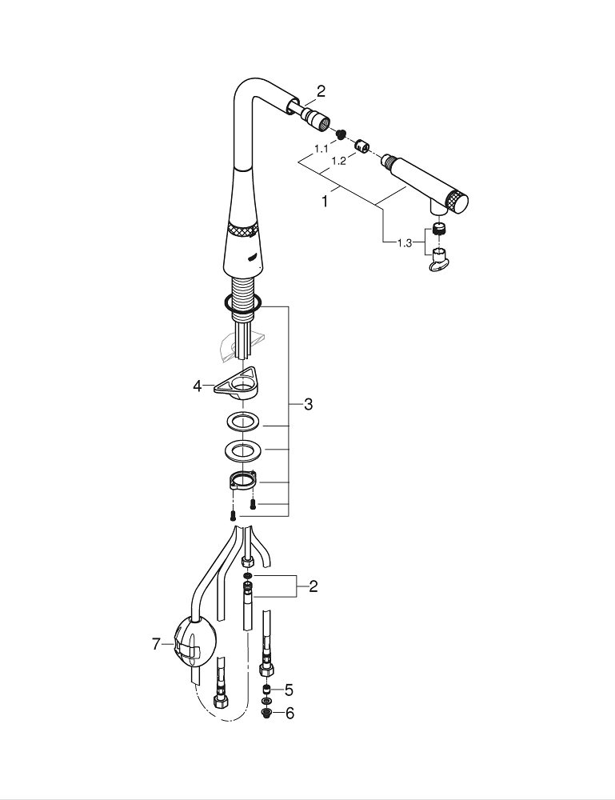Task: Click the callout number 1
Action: (325, 202)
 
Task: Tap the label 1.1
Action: (321, 149)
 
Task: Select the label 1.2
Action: (338, 161)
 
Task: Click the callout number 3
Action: (308, 405)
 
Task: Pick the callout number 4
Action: (198, 386)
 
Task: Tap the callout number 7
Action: (157, 644)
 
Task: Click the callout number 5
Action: (289, 689)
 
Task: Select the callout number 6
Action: (289, 713)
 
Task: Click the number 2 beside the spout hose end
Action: (321, 91)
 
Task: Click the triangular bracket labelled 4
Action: (238, 382)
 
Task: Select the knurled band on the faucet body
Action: (241, 230)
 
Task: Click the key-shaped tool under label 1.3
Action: (438, 262)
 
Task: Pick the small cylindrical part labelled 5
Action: (266, 690)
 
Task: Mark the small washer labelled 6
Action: (266, 712)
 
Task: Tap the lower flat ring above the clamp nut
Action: (240, 450)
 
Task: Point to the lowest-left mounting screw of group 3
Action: (233, 515)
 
